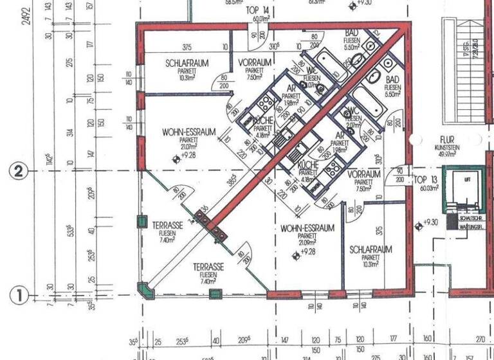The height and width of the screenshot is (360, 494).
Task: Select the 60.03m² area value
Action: pos(426,188)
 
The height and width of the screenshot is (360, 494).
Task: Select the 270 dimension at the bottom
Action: pos(480,340)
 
